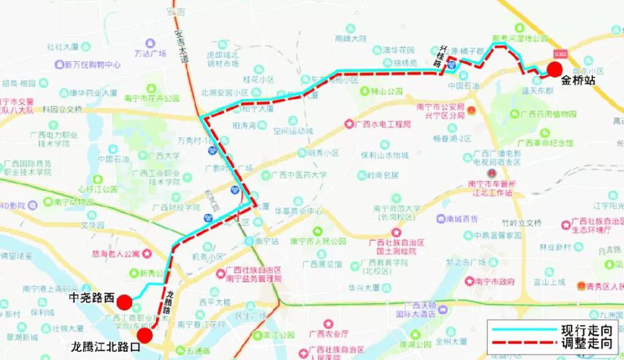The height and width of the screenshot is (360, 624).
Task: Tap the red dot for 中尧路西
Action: coord(124,303)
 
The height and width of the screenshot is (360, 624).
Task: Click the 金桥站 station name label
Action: coord(578,80)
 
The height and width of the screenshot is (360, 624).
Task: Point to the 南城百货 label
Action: coord(462,219)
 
